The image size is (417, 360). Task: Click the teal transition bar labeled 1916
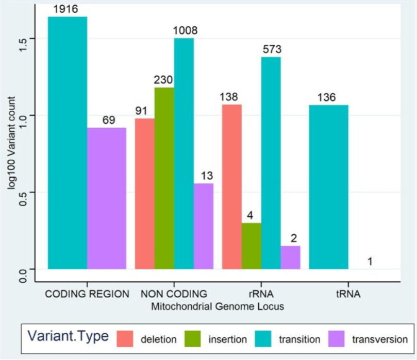(68, 143)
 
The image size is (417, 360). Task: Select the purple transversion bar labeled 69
(107, 198)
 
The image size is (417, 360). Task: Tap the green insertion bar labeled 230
(164, 178)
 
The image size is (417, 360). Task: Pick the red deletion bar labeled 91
(145, 194)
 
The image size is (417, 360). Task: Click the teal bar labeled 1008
(184, 153)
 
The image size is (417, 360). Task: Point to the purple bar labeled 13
(204, 226)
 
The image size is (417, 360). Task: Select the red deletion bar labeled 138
(232, 187)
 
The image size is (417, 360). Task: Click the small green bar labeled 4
(252, 246)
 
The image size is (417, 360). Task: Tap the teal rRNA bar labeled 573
(271, 163)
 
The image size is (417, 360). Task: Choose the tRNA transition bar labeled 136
(329, 187)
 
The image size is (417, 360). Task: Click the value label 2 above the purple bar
(294, 238)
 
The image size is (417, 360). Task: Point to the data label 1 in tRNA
(370, 262)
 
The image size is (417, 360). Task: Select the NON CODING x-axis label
(174, 294)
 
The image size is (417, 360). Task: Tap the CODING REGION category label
(87, 294)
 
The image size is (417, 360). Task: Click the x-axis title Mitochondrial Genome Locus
(218, 306)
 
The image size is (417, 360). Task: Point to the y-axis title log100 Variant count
(11, 143)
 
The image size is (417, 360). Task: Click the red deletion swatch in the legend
(125, 339)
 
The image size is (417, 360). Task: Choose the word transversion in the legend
(380, 339)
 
